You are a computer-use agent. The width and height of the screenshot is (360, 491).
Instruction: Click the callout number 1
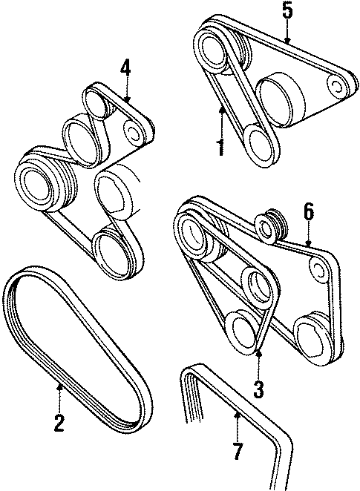(220, 145)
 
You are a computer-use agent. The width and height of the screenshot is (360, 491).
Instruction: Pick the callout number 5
(288, 11)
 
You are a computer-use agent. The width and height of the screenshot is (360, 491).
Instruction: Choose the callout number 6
(309, 213)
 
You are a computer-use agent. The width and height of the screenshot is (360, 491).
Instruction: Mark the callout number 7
(237, 449)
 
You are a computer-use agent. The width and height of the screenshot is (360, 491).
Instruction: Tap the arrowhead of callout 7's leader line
(237, 412)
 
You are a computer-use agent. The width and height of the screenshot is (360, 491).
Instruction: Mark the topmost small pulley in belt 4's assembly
(97, 101)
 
